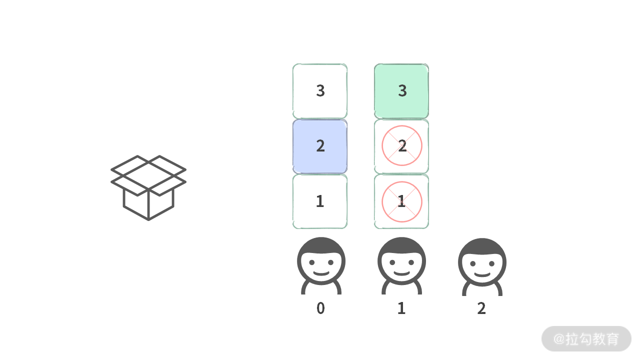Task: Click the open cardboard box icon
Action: pyautogui.click(x=148, y=187)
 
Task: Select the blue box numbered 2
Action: pyautogui.click(x=320, y=146)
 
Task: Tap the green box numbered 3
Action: pyautogui.click(x=401, y=91)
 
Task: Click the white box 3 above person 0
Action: pyautogui.click(x=320, y=91)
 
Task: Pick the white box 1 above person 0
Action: pyautogui.click(x=320, y=201)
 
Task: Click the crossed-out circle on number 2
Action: pyautogui.click(x=401, y=146)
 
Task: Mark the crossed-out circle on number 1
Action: pyautogui.click(x=401, y=201)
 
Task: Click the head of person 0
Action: pyautogui.click(x=321, y=260)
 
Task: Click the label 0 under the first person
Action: pyautogui.click(x=320, y=308)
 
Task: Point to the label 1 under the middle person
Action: pyautogui.click(x=401, y=308)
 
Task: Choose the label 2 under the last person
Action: pyautogui.click(x=481, y=308)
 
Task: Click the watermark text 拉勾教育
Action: pyautogui.click(x=592, y=339)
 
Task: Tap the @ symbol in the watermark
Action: pyautogui.click(x=558, y=339)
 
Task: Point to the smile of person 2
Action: pyautogui.click(x=482, y=274)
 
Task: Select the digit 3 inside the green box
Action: pyautogui.click(x=402, y=91)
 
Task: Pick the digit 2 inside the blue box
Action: pyautogui.click(x=320, y=146)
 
